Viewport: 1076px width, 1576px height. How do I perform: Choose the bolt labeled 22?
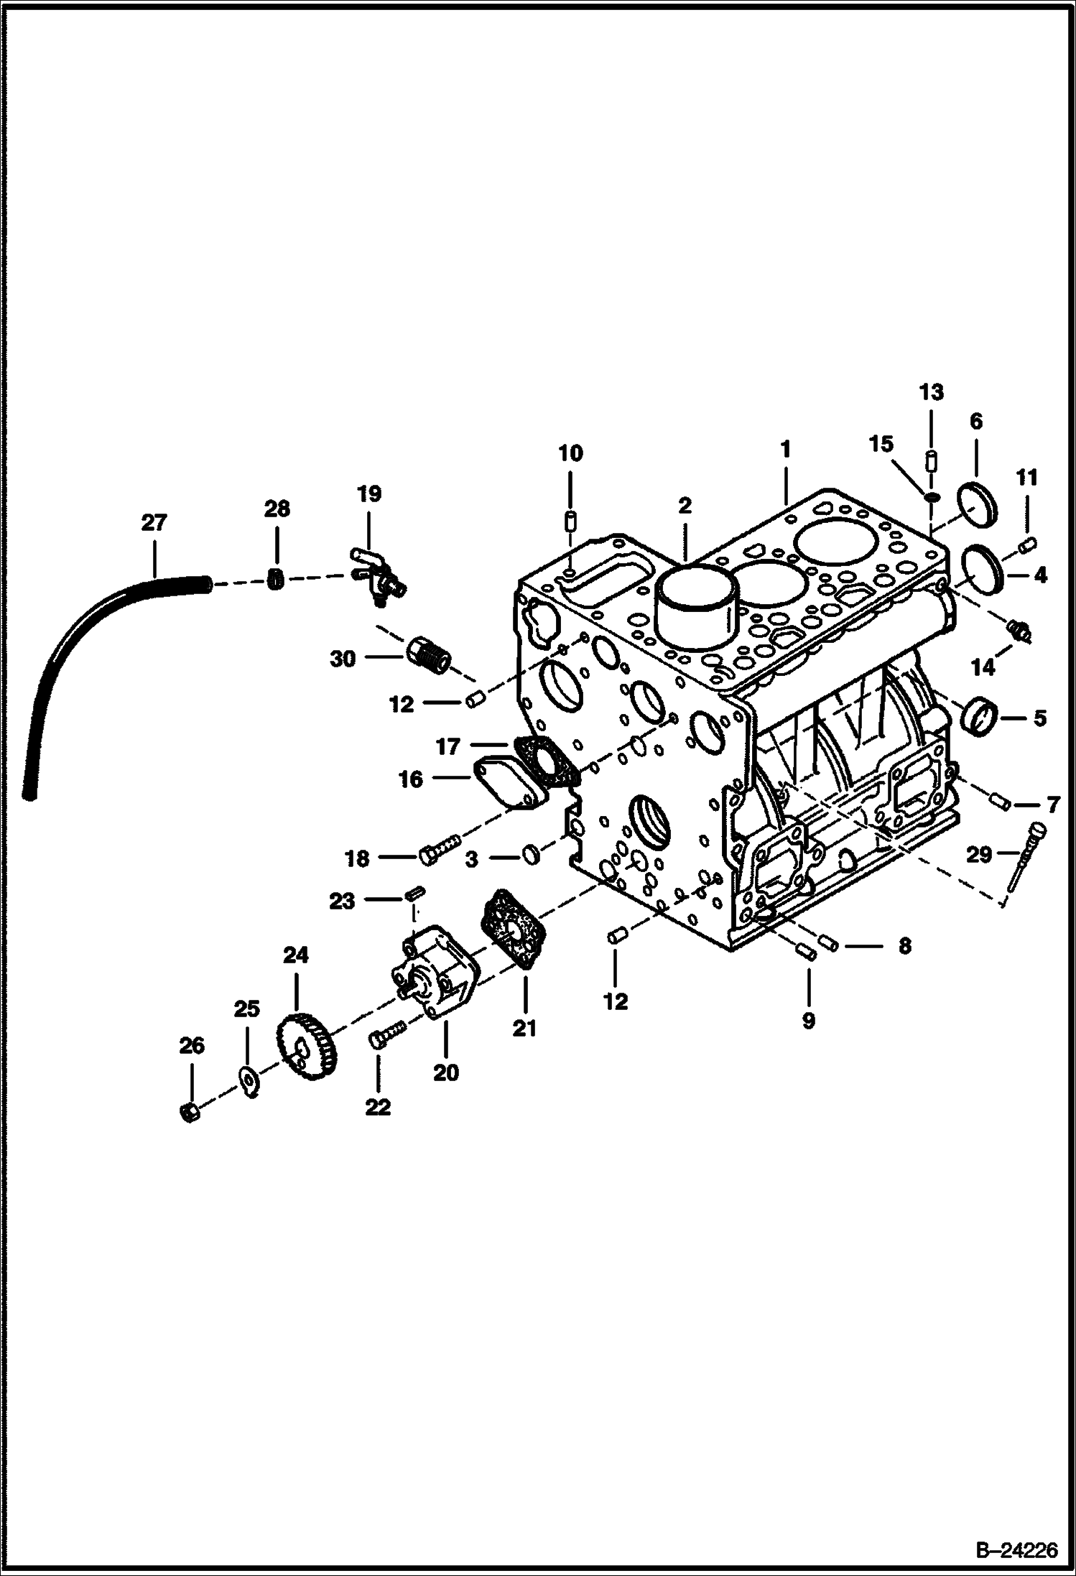point(385,1036)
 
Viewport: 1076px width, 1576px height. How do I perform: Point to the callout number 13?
point(931,392)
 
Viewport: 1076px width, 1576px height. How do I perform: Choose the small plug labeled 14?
point(1020,631)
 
